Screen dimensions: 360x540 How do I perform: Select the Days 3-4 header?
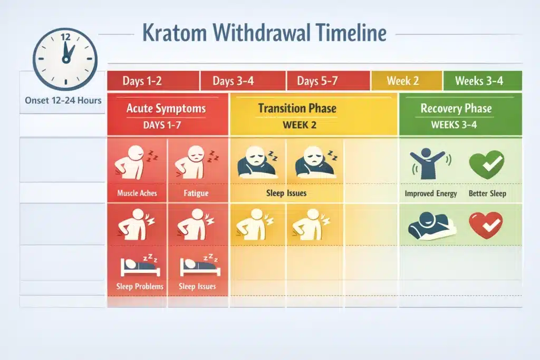pos(233,81)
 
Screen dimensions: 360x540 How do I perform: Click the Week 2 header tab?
pos(403,81)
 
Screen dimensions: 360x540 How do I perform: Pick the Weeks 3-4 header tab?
pos(479,81)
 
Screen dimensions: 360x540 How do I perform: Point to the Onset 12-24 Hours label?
pos(63,101)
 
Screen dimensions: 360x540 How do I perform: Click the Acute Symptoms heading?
pos(166,109)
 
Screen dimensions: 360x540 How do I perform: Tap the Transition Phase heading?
pos(297,109)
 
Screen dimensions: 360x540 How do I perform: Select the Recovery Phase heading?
pos(456,109)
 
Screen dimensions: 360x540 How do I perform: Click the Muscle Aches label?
pos(137,193)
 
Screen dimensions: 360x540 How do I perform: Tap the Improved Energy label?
pos(431,193)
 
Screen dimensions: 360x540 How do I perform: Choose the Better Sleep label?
pos(487,193)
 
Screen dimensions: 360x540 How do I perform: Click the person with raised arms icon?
pos(430,163)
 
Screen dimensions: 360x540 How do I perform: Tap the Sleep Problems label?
pos(140,287)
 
